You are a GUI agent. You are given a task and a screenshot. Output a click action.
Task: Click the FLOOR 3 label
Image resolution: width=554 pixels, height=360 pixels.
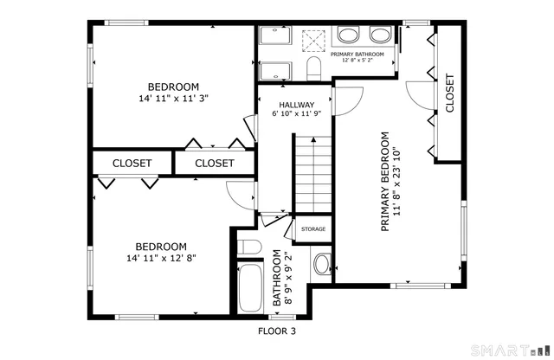coord(277,331)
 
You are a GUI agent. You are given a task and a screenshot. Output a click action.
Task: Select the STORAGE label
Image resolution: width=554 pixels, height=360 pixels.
coord(312,229)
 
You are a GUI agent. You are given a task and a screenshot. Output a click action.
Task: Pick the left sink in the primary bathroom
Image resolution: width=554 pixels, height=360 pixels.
coord(349,35)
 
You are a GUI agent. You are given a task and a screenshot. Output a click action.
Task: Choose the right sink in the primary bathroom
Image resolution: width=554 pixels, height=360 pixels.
coord(379,35)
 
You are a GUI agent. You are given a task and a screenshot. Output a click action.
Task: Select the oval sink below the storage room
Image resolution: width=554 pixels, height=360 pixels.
coord(320,263)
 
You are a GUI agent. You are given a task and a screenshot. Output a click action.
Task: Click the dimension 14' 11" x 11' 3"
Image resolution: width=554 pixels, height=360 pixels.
coord(173,99)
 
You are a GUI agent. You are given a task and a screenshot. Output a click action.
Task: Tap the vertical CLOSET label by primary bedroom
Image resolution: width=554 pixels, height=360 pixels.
coord(449,93)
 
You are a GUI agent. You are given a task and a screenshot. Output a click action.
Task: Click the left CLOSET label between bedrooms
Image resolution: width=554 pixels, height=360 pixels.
coord(132,163)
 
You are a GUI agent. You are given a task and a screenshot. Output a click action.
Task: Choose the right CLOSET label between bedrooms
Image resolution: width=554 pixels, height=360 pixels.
coord(214,163)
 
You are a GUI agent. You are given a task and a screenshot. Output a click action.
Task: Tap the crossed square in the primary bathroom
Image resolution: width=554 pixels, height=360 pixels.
coord(312,40)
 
